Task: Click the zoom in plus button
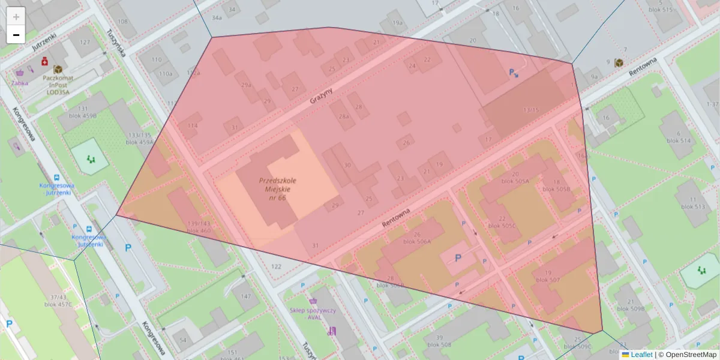16,16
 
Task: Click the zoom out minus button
16,35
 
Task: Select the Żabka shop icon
19,73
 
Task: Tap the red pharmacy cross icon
44,61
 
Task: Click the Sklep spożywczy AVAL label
313,314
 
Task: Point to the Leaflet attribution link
641,355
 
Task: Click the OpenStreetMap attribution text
690,355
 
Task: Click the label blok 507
547,280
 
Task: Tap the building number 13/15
531,110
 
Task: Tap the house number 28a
344,117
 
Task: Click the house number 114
192,125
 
